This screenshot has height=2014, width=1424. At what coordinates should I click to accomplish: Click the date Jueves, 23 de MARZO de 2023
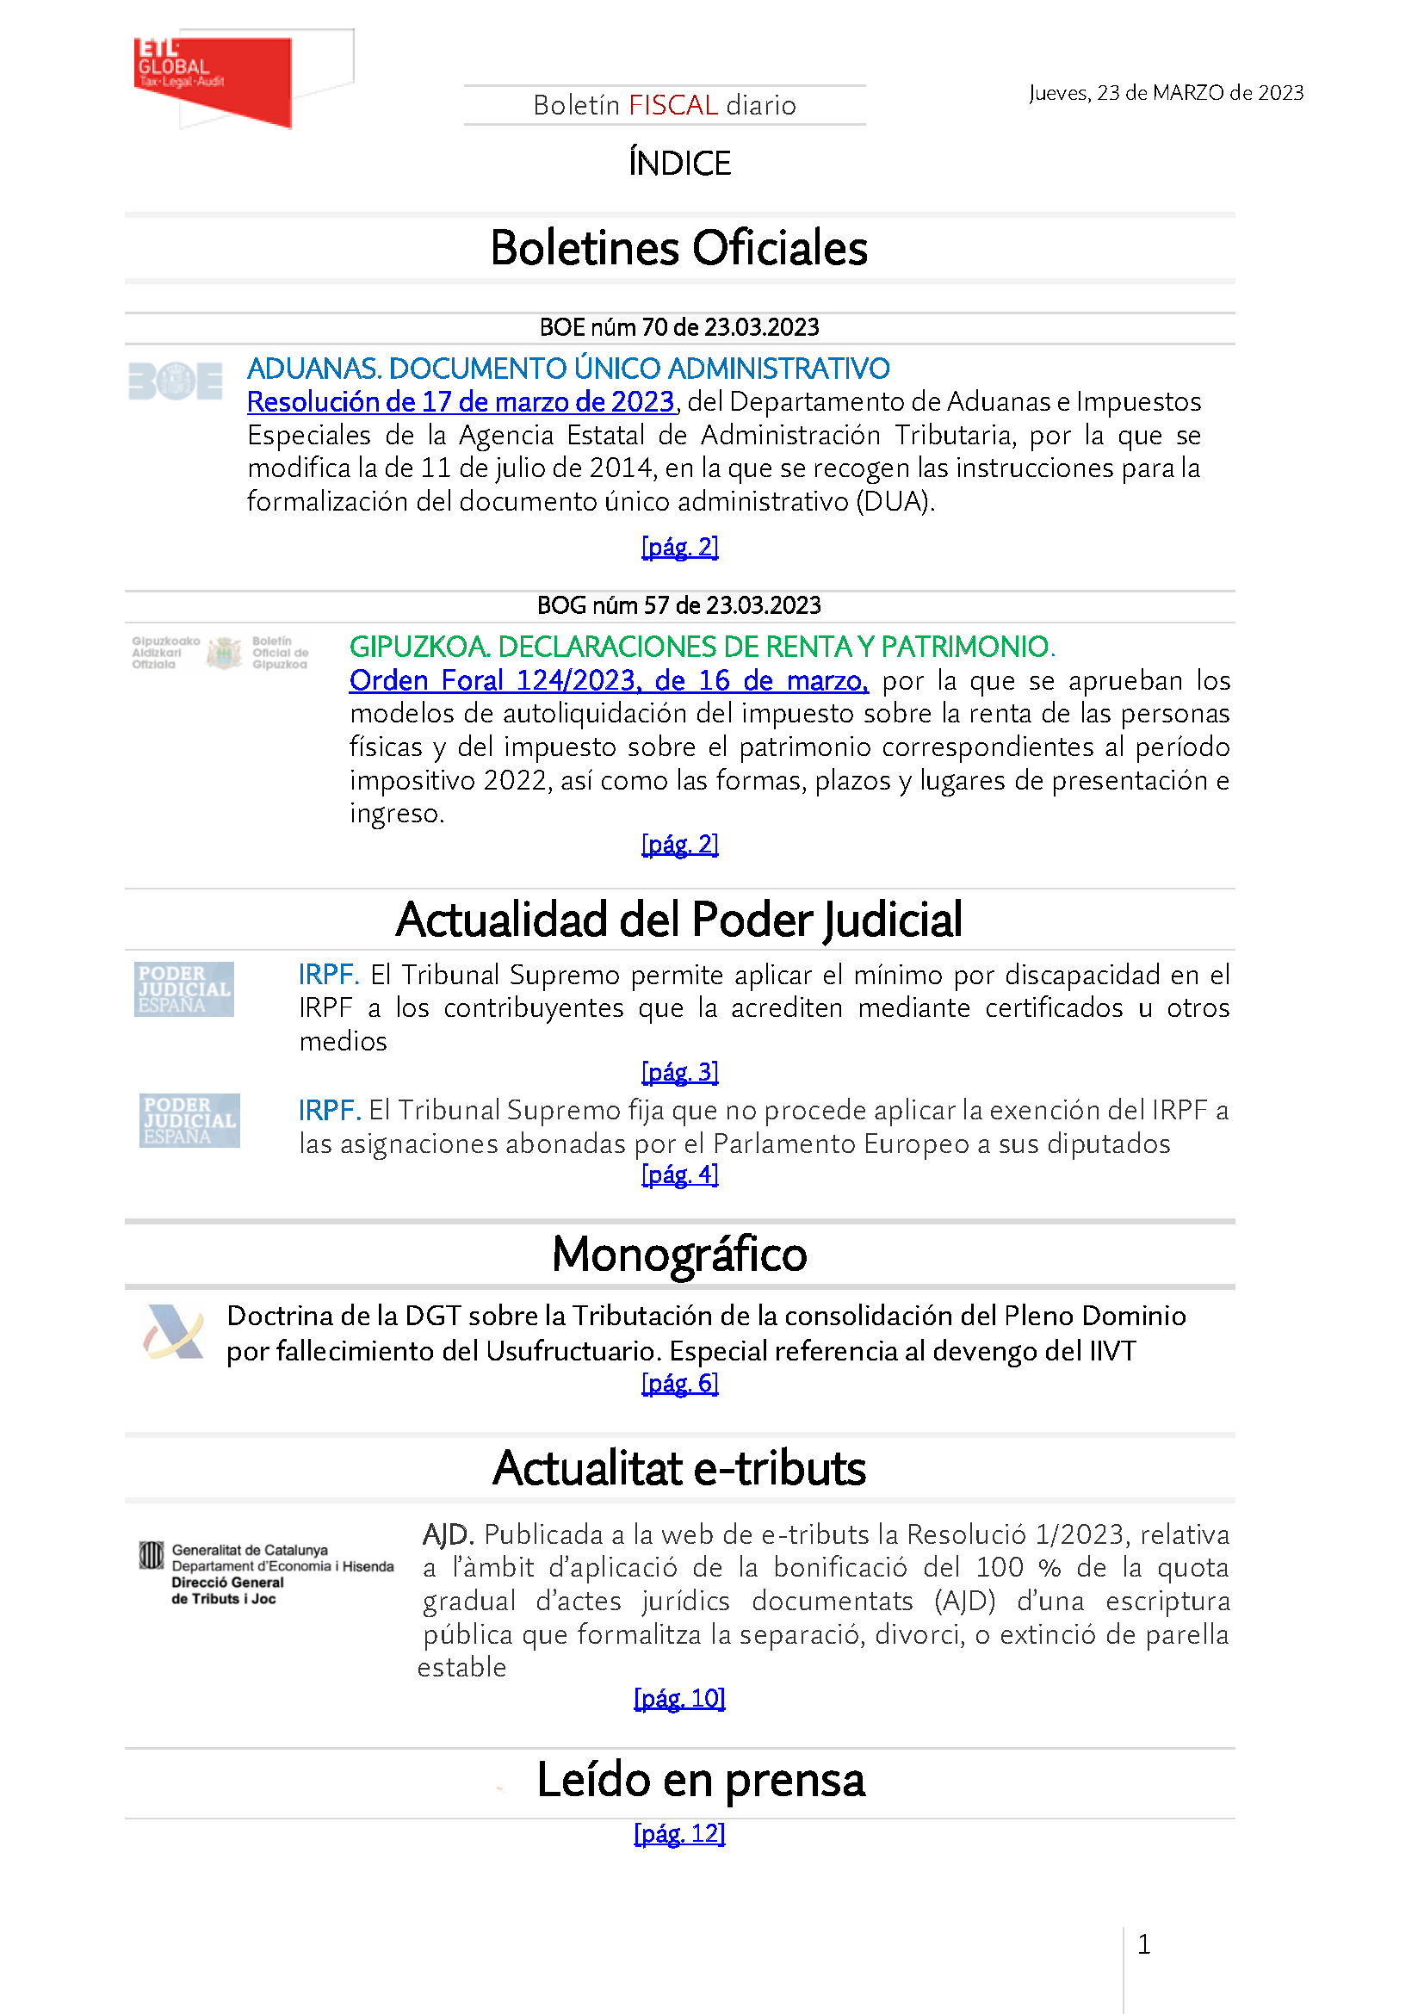[x=1166, y=93]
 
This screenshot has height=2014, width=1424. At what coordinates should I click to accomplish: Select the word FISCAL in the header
[x=672, y=105]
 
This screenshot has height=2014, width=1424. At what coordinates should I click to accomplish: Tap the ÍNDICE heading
[x=679, y=163]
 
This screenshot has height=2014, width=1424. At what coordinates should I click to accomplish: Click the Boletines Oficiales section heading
[x=678, y=248]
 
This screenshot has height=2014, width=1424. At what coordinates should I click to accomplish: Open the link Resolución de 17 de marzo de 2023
[x=461, y=402]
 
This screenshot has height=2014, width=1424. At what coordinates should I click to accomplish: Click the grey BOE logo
[x=176, y=381]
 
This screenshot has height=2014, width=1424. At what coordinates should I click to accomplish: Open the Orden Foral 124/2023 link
[x=608, y=681]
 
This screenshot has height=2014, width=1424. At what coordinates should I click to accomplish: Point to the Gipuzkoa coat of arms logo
[x=224, y=654]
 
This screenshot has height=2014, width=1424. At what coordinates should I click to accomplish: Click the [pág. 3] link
[x=679, y=1072]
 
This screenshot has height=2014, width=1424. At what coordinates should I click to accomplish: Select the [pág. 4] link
[x=679, y=1174]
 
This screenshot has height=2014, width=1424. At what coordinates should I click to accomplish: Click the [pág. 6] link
[x=679, y=1384]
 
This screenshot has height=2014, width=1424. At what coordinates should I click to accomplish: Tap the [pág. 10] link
[x=679, y=1699]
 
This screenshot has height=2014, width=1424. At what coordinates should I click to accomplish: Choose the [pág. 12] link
[x=679, y=1834]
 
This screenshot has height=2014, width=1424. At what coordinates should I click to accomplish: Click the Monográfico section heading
[x=678, y=1255]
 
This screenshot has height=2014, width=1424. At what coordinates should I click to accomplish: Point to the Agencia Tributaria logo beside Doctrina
[x=174, y=1332]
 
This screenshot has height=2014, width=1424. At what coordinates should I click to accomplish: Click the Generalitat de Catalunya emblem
[x=152, y=1556]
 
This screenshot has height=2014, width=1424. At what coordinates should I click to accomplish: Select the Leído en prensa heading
[x=700, y=1781]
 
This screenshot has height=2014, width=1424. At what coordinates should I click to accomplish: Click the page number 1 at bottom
[x=1143, y=1945]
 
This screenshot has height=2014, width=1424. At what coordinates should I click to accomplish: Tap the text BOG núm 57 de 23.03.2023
[x=678, y=606]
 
